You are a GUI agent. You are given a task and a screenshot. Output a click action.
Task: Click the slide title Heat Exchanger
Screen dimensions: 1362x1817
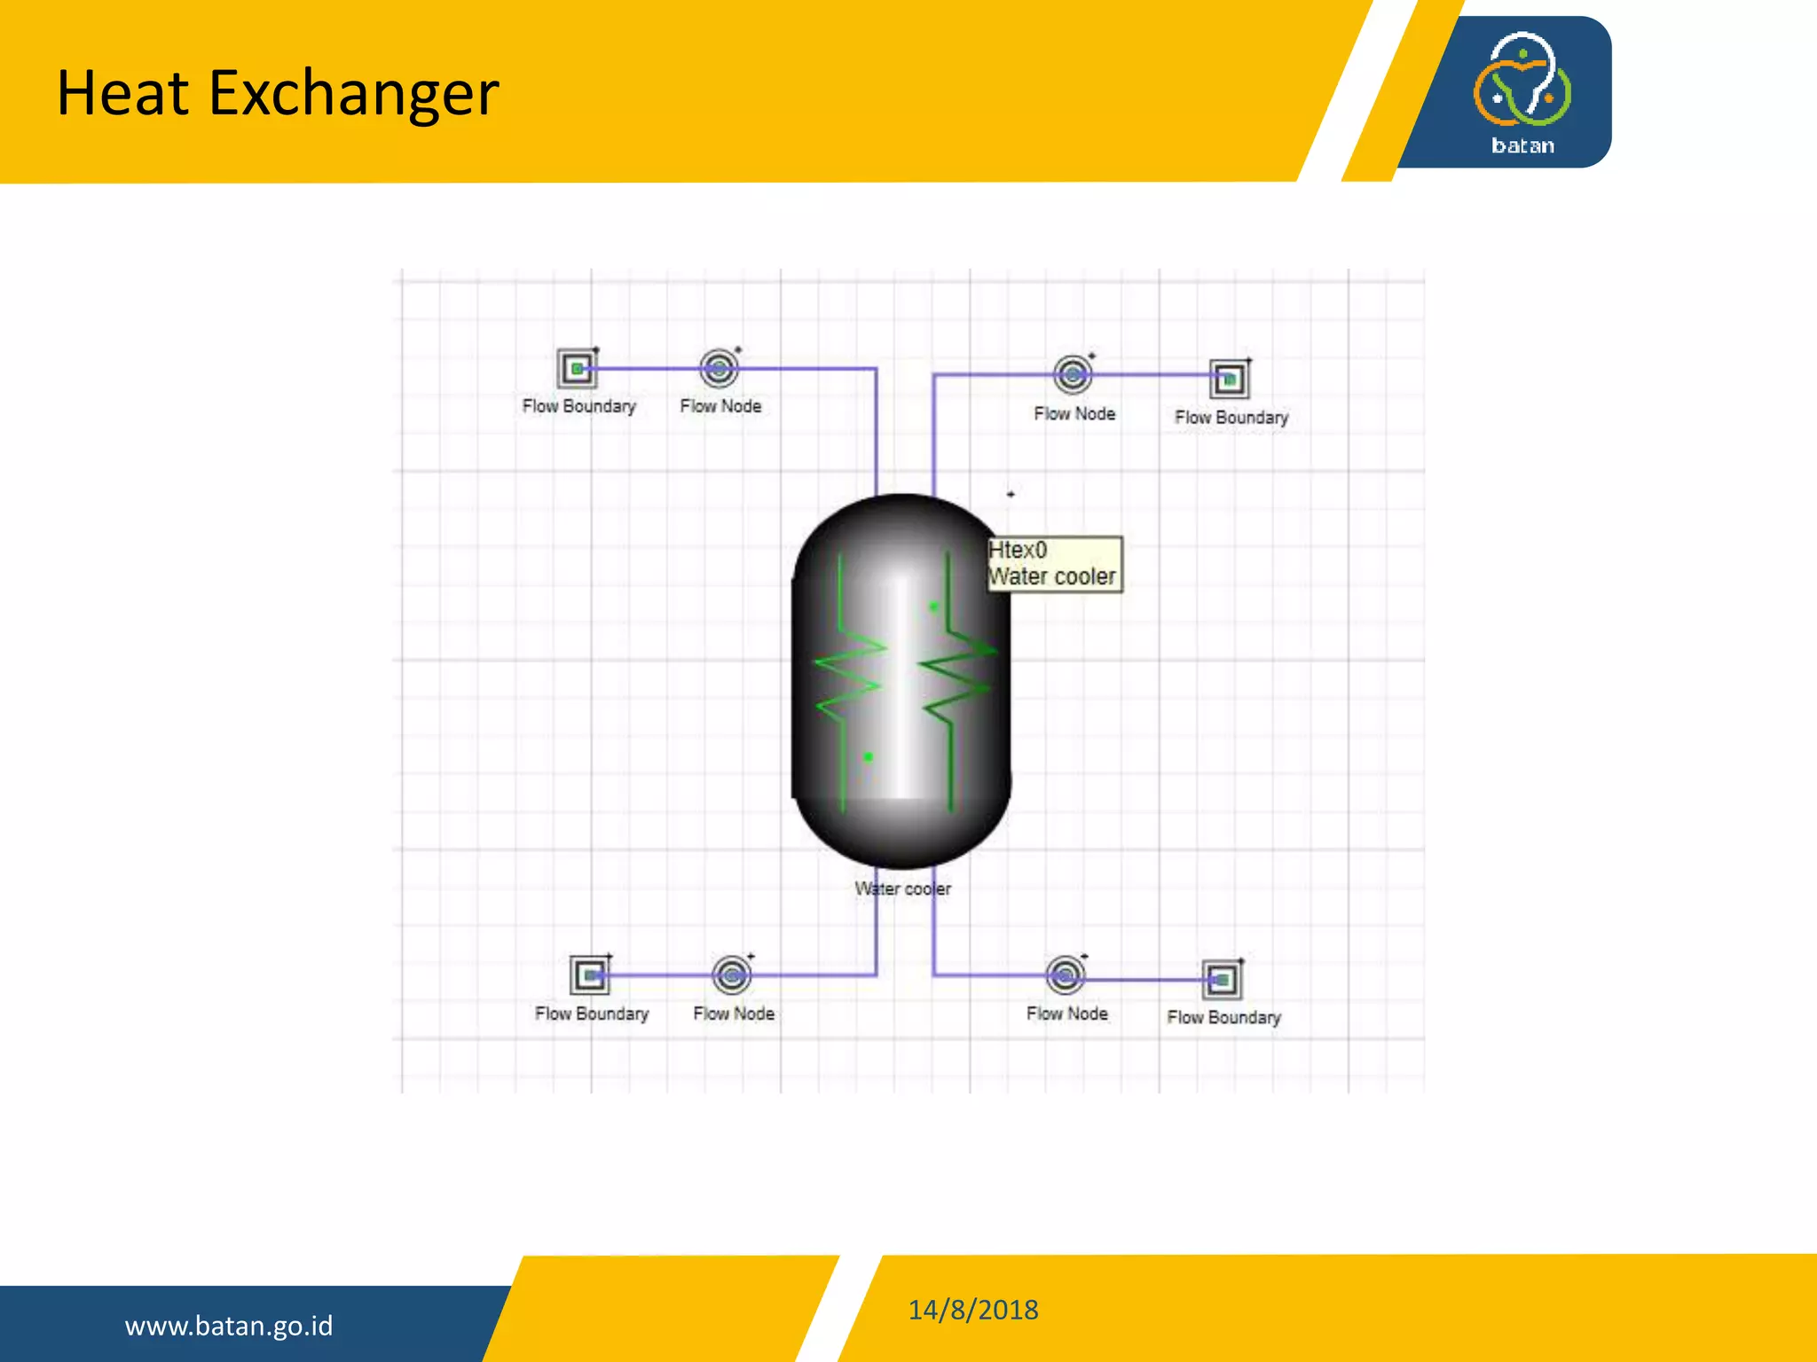pyautogui.click(x=278, y=93)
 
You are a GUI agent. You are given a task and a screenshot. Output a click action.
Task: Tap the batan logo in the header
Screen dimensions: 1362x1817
pyautogui.click(x=1522, y=92)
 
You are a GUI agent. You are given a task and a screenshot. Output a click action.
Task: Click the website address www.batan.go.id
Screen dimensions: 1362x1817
pyautogui.click(x=229, y=1326)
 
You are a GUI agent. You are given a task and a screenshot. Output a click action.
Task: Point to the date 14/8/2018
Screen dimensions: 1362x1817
pyautogui.click(x=972, y=1310)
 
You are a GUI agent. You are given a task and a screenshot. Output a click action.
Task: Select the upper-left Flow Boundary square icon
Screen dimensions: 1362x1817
pyautogui.click(x=577, y=368)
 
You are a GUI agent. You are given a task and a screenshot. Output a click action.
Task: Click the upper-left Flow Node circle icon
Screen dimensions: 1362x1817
pyautogui.click(x=719, y=368)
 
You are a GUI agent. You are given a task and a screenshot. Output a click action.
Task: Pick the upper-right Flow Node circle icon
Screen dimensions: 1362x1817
pyautogui.click(x=1073, y=375)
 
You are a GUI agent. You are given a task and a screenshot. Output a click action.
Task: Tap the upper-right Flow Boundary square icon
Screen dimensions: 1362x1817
pyautogui.click(x=1230, y=380)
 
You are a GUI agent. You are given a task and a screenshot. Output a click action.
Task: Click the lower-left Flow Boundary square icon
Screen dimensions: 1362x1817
pyautogui.click(x=589, y=975)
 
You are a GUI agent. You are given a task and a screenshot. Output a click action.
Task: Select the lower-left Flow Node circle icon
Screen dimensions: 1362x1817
pyautogui.click(x=732, y=975)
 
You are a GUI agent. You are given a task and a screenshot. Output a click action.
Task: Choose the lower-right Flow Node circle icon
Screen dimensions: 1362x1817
pyautogui.click(x=1066, y=975)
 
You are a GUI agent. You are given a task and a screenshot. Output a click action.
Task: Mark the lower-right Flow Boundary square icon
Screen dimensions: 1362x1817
pyautogui.click(x=1222, y=980)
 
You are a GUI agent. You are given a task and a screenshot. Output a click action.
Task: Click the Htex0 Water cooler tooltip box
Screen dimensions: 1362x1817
pyautogui.click(x=1054, y=564)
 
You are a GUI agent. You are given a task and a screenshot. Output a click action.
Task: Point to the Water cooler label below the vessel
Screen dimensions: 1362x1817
pyautogui.click(x=902, y=888)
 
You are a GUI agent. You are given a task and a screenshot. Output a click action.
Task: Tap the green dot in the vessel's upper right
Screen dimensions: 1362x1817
pyautogui.click(x=933, y=607)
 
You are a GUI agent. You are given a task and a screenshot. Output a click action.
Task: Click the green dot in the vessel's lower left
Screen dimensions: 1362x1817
pyautogui.click(x=869, y=757)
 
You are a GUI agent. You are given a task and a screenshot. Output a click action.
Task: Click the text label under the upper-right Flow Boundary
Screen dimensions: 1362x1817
pyautogui.click(x=1231, y=417)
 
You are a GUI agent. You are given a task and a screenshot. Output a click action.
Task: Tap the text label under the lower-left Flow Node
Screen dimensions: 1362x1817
pyautogui.click(x=734, y=1014)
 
